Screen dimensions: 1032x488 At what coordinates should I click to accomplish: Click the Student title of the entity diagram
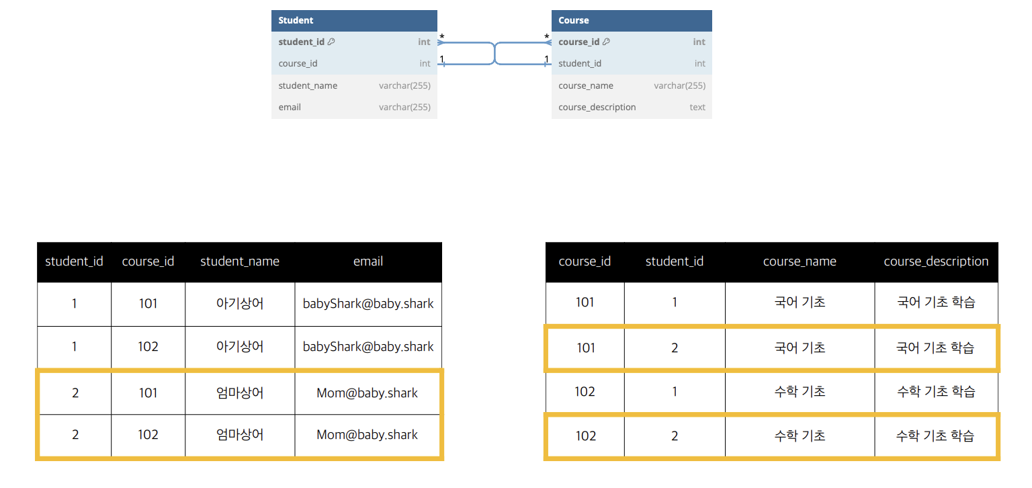click(x=296, y=20)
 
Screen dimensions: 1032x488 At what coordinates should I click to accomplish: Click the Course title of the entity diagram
click(x=573, y=20)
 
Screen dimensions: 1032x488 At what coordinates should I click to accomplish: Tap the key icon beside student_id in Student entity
click(x=331, y=42)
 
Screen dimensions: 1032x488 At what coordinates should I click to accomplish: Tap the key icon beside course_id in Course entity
click(x=606, y=42)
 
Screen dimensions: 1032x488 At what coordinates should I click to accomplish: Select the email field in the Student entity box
click(x=290, y=107)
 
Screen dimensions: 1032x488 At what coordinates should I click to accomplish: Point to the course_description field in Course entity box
click(x=597, y=107)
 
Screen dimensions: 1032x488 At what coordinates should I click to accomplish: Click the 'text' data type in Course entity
click(x=697, y=107)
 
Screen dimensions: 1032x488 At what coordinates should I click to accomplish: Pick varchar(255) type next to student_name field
click(x=404, y=85)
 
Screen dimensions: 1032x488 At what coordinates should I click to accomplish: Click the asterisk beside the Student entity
click(x=441, y=37)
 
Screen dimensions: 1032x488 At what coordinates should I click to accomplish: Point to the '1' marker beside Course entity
click(x=546, y=60)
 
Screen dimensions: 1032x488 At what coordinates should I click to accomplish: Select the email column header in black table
click(x=368, y=261)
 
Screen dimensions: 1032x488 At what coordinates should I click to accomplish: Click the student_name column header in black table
click(x=240, y=261)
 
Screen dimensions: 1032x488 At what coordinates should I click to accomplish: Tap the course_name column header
click(x=800, y=261)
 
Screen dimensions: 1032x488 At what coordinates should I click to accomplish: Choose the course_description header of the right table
click(x=936, y=261)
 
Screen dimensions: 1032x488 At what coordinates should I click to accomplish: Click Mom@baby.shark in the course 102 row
click(x=368, y=435)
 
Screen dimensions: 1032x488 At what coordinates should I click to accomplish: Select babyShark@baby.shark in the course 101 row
click(x=368, y=303)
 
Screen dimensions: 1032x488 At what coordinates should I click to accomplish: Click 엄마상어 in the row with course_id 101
click(x=240, y=393)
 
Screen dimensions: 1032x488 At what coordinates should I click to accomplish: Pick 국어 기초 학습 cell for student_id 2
click(x=935, y=348)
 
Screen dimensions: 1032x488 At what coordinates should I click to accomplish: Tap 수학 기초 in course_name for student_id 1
click(x=800, y=391)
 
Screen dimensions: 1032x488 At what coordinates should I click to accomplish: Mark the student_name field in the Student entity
click(x=308, y=85)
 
